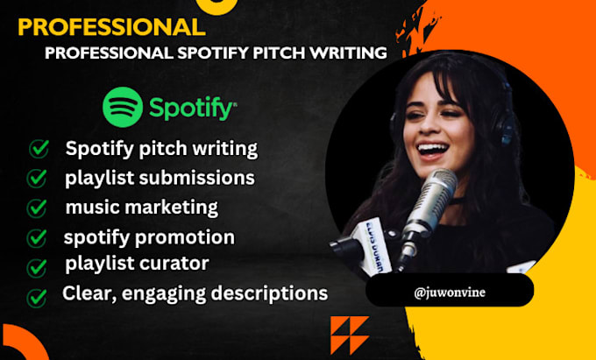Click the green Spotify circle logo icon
[123, 109]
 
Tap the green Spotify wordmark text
[191, 109]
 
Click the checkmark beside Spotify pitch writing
[39, 149]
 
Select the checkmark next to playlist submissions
[39, 179]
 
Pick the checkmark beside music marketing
[38, 208]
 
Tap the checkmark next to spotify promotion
[38, 237]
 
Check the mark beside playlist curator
[38, 266]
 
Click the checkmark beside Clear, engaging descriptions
[38, 296]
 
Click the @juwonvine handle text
[449, 292]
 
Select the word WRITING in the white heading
[349, 53]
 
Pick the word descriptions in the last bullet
[266, 294]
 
